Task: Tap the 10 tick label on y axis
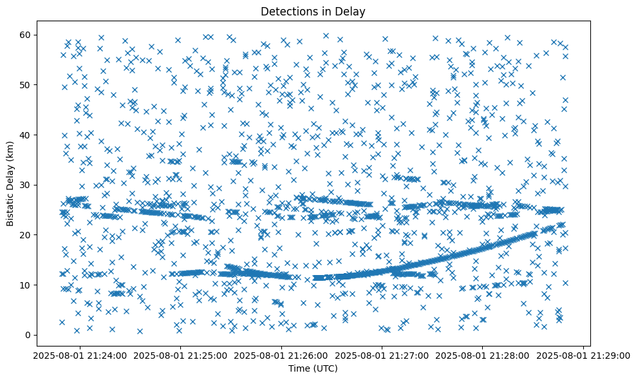pyautogui.click(x=26, y=285)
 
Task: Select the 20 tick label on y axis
pyautogui.click(x=26, y=234)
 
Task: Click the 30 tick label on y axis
pyautogui.click(x=26, y=185)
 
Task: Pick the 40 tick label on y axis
pyautogui.click(x=26, y=135)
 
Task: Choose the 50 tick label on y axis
pyautogui.click(x=26, y=84)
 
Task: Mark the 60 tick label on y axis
pyautogui.click(x=26, y=34)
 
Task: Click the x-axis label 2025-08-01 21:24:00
pyautogui.click(x=80, y=354)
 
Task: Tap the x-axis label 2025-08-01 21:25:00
pyautogui.click(x=180, y=354)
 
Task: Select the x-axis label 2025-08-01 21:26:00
pyautogui.click(x=281, y=354)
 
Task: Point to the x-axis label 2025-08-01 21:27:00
pyautogui.click(x=382, y=354)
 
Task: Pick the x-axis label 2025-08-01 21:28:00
pyautogui.click(x=483, y=354)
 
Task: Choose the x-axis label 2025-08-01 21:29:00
pyautogui.click(x=583, y=354)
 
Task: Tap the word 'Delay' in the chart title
pyautogui.click(x=351, y=11)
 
